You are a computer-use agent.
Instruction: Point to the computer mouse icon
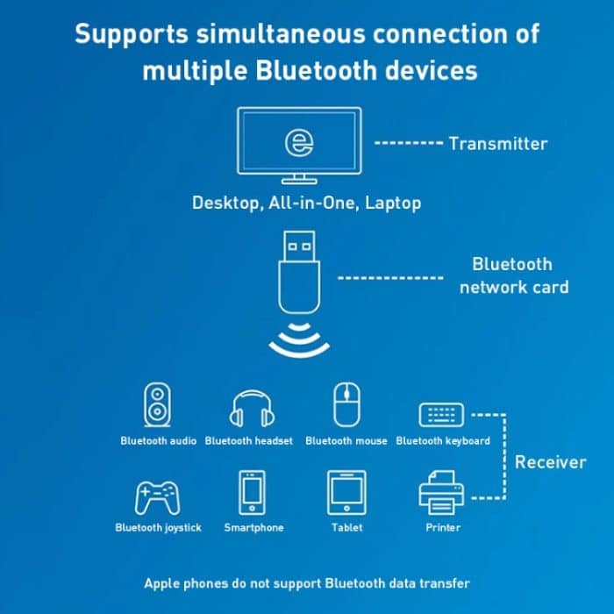[346, 405]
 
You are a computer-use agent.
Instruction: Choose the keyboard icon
[443, 413]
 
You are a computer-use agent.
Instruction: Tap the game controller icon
[158, 496]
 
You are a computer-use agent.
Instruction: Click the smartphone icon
[253, 493]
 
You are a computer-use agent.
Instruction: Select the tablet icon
[346, 493]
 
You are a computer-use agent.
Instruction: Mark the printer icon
[443, 493]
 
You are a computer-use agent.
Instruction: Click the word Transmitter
[498, 144]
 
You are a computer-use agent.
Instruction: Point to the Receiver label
[550, 462]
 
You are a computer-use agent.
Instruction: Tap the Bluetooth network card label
[512, 275]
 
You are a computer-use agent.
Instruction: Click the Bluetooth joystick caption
[158, 527]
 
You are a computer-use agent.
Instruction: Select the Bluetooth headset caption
[249, 440]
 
